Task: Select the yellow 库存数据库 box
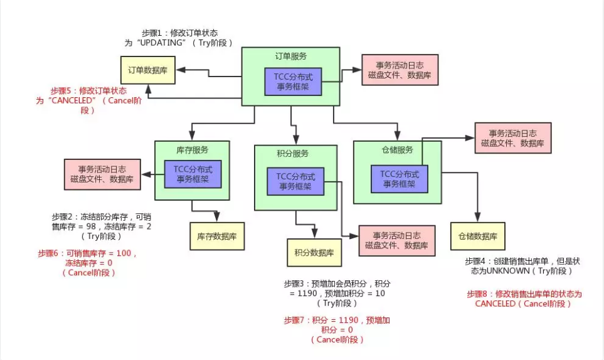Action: click(217, 236)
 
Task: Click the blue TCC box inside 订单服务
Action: click(293, 82)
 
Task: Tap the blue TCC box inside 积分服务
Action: click(296, 181)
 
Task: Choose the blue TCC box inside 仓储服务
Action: click(399, 179)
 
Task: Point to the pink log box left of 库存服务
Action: click(102, 174)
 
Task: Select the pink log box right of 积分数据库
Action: click(395, 240)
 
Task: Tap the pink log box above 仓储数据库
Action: click(512, 139)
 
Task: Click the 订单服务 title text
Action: click(291, 56)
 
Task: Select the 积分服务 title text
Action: click(293, 154)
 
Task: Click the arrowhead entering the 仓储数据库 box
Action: click(477, 218)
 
